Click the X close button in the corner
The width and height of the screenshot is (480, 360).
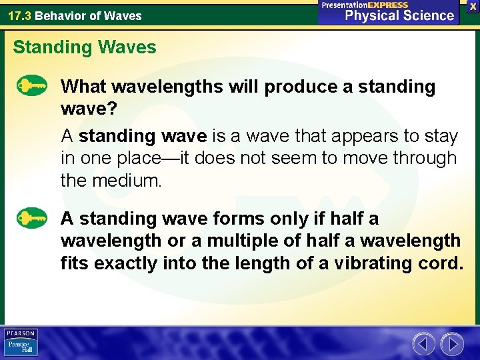point(472,5)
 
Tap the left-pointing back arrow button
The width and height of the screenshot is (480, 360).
point(423,344)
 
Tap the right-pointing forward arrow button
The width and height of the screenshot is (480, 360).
point(452,344)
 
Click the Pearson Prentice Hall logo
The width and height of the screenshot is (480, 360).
point(21,342)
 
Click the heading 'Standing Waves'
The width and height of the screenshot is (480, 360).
point(85,47)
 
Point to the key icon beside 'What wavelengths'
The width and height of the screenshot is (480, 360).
point(31,87)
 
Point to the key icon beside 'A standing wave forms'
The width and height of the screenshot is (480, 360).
point(31,219)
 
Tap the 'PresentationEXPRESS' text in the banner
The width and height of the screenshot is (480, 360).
point(365,5)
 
